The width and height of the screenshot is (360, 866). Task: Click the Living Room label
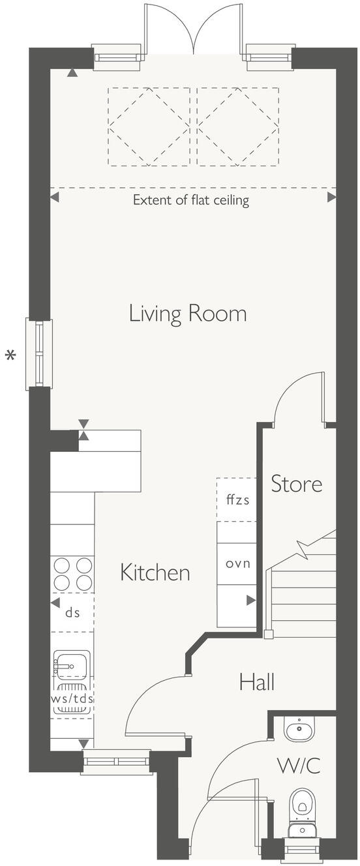[188, 314]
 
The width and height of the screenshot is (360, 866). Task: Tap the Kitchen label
[155, 573]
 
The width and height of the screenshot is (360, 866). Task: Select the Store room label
[297, 484]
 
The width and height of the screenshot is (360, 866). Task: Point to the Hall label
[256, 683]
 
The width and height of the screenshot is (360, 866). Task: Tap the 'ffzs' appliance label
[237, 500]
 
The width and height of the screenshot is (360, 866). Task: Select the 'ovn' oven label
[237, 563]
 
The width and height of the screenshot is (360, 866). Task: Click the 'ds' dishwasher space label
[72, 612]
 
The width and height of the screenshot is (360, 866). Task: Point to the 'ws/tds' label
[72, 698]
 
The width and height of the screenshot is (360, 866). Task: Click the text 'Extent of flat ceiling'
[191, 200]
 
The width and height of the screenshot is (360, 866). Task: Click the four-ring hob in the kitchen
[72, 573]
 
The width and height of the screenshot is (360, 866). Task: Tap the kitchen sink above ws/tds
[70, 666]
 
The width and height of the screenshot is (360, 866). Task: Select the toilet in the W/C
[301, 803]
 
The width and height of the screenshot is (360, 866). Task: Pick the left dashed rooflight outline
[149, 126]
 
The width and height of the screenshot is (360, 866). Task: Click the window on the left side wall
[38, 354]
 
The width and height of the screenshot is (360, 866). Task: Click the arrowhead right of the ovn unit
[250, 601]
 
